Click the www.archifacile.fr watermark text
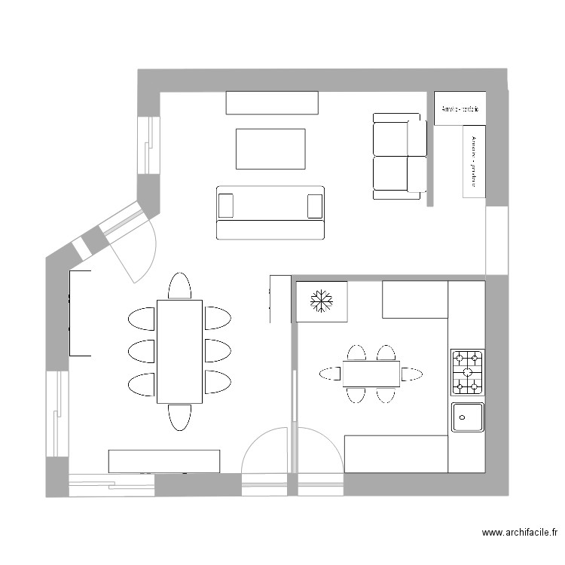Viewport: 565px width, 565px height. (521, 533)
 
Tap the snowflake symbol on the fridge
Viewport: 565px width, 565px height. (322, 301)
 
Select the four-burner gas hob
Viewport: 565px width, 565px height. (467, 372)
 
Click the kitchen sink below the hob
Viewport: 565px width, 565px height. (467, 417)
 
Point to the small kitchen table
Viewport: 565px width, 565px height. (371, 374)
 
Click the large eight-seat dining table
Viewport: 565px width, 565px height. (179, 351)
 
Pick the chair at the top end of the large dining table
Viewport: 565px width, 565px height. (179, 287)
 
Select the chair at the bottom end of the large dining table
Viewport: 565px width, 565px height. (179, 417)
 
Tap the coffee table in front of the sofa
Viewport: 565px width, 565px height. (271, 148)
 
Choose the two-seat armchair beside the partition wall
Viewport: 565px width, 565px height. (399, 156)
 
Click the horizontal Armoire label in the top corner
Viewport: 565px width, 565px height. (460, 109)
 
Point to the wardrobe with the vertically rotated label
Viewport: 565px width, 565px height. (473, 160)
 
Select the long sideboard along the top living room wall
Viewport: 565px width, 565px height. (271, 102)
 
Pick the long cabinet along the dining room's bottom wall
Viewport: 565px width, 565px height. (164, 461)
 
